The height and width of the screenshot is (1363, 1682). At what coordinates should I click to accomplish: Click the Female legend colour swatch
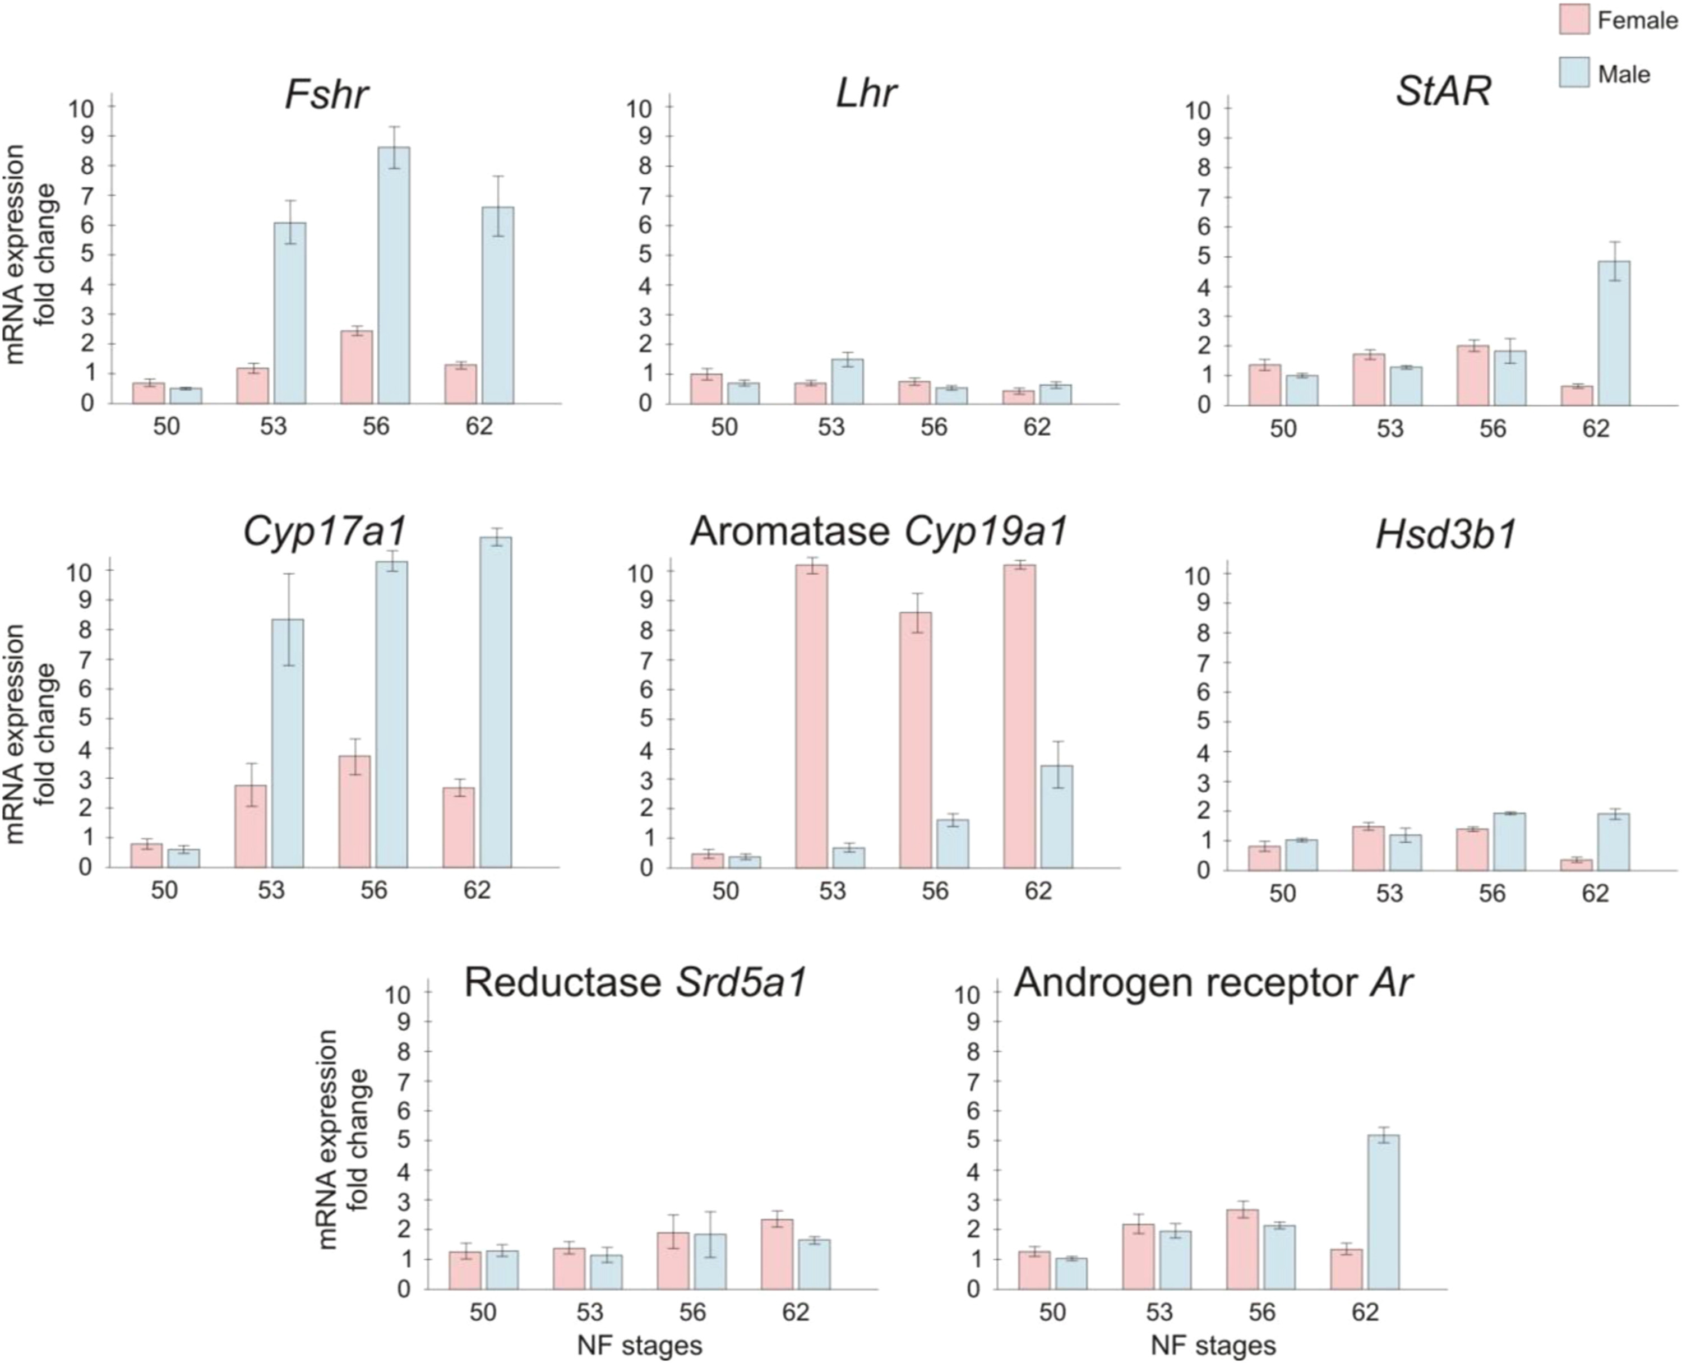[1574, 20]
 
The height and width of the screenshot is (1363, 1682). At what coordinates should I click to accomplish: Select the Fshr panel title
[326, 94]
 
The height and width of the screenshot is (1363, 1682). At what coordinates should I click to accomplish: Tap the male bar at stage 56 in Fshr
[394, 275]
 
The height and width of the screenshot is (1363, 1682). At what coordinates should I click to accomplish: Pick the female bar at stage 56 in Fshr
[357, 367]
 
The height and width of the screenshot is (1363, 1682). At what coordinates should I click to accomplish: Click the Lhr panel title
[865, 94]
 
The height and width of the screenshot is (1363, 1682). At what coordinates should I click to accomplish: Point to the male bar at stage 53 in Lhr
[847, 382]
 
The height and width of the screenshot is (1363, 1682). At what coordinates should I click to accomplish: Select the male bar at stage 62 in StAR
[1614, 333]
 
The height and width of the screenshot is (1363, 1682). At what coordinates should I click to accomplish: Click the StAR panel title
[1443, 92]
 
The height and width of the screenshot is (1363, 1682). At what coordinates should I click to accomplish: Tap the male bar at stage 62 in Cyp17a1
[496, 702]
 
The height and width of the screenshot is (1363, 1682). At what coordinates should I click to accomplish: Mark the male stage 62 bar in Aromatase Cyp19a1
[1056, 816]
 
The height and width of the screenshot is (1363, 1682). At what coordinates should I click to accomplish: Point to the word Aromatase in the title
[789, 532]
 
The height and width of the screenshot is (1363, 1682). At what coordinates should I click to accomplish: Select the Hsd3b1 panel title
[1445, 535]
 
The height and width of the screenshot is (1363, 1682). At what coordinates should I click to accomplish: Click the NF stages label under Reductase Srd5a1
[639, 1346]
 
